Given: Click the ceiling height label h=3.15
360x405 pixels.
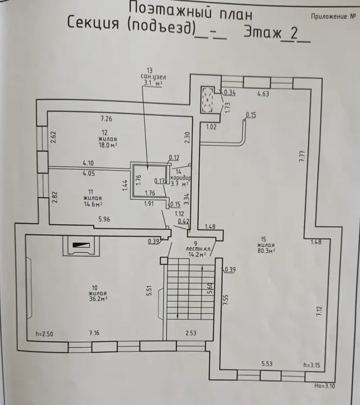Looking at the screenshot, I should pyautogui.click(x=312, y=365).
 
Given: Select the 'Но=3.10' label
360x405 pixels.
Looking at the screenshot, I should pyautogui.click(x=325, y=386).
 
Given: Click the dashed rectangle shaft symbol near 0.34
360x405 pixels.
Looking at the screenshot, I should pyautogui.click(x=209, y=99).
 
